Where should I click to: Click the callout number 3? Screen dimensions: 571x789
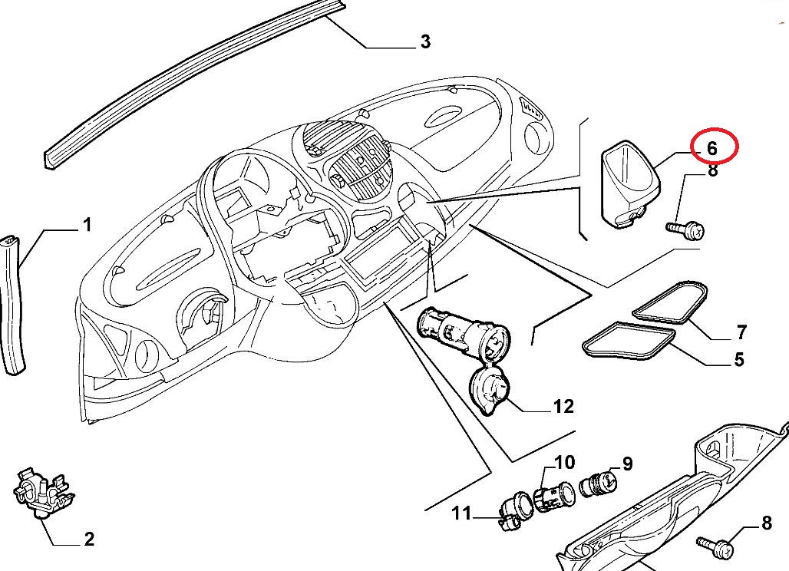pos(424,41)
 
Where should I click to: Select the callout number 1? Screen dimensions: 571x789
pos(87,225)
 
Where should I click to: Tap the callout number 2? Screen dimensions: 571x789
pos(88,539)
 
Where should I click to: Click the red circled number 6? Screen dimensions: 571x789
pos(711,147)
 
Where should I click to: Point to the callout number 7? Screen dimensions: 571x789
pos(741,332)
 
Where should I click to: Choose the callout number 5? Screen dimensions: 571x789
pos(738,358)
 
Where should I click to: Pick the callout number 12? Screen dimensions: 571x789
pos(563,406)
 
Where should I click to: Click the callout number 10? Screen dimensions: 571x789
pos(564,462)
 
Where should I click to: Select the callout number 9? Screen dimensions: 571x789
pos(627,464)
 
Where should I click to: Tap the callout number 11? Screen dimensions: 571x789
pos(461,513)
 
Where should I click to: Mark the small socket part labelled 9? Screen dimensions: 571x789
pos(598,485)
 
